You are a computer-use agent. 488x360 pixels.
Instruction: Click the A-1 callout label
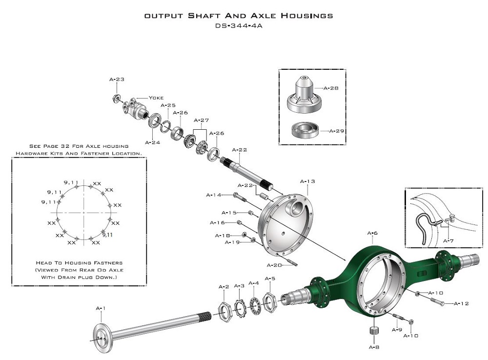pyautogui.click(x=101, y=308)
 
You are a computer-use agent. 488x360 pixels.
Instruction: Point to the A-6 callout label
pyautogui.click(x=372, y=233)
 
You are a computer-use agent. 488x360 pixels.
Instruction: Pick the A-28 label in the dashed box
pyautogui.click(x=333, y=88)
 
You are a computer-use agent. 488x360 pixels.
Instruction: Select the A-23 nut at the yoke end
pyautogui.click(x=117, y=97)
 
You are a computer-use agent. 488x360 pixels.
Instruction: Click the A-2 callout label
pyautogui.click(x=224, y=286)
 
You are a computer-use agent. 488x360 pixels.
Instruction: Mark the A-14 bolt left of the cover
pyautogui.click(x=239, y=196)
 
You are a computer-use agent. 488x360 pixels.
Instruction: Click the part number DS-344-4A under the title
pyautogui.click(x=239, y=26)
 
